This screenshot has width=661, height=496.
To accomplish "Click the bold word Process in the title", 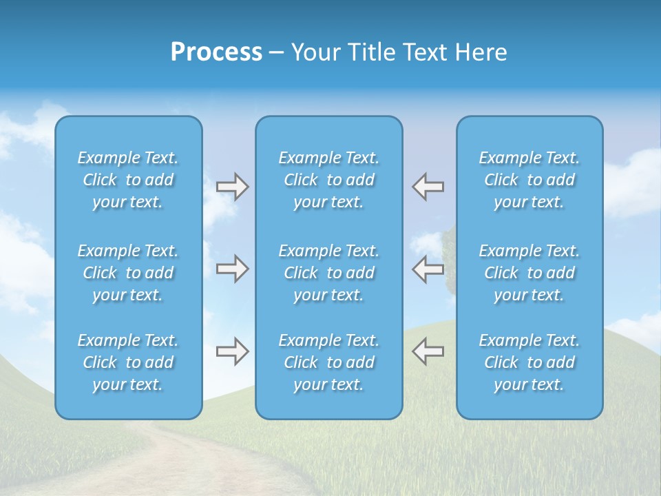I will click(x=216, y=52).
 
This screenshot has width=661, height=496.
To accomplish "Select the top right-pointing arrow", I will click(x=233, y=187).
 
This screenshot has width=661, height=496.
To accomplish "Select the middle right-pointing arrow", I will click(x=233, y=269).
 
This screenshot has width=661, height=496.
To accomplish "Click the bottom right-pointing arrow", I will click(x=233, y=351).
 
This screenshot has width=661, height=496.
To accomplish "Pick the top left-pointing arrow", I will click(x=428, y=187).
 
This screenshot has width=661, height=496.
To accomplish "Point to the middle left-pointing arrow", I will click(x=428, y=269).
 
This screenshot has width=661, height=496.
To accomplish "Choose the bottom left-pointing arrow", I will click(x=428, y=351).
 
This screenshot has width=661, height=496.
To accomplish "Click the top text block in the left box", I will click(x=128, y=180).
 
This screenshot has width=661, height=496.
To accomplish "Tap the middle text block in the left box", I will click(x=128, y=273).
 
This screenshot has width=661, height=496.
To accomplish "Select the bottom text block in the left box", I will click(x=128, y=362).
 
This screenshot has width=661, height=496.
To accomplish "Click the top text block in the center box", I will click(x=329, y=180).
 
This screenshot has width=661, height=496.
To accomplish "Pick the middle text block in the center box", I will click(x=329, y=273).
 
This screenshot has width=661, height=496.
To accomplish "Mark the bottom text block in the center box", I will click(x=329, y=362).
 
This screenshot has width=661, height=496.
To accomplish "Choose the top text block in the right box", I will click(x=529, y=180).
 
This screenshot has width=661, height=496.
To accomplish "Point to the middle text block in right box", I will click(x=529, y=273).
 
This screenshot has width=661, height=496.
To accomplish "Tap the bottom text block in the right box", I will click(x=529, y=362).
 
